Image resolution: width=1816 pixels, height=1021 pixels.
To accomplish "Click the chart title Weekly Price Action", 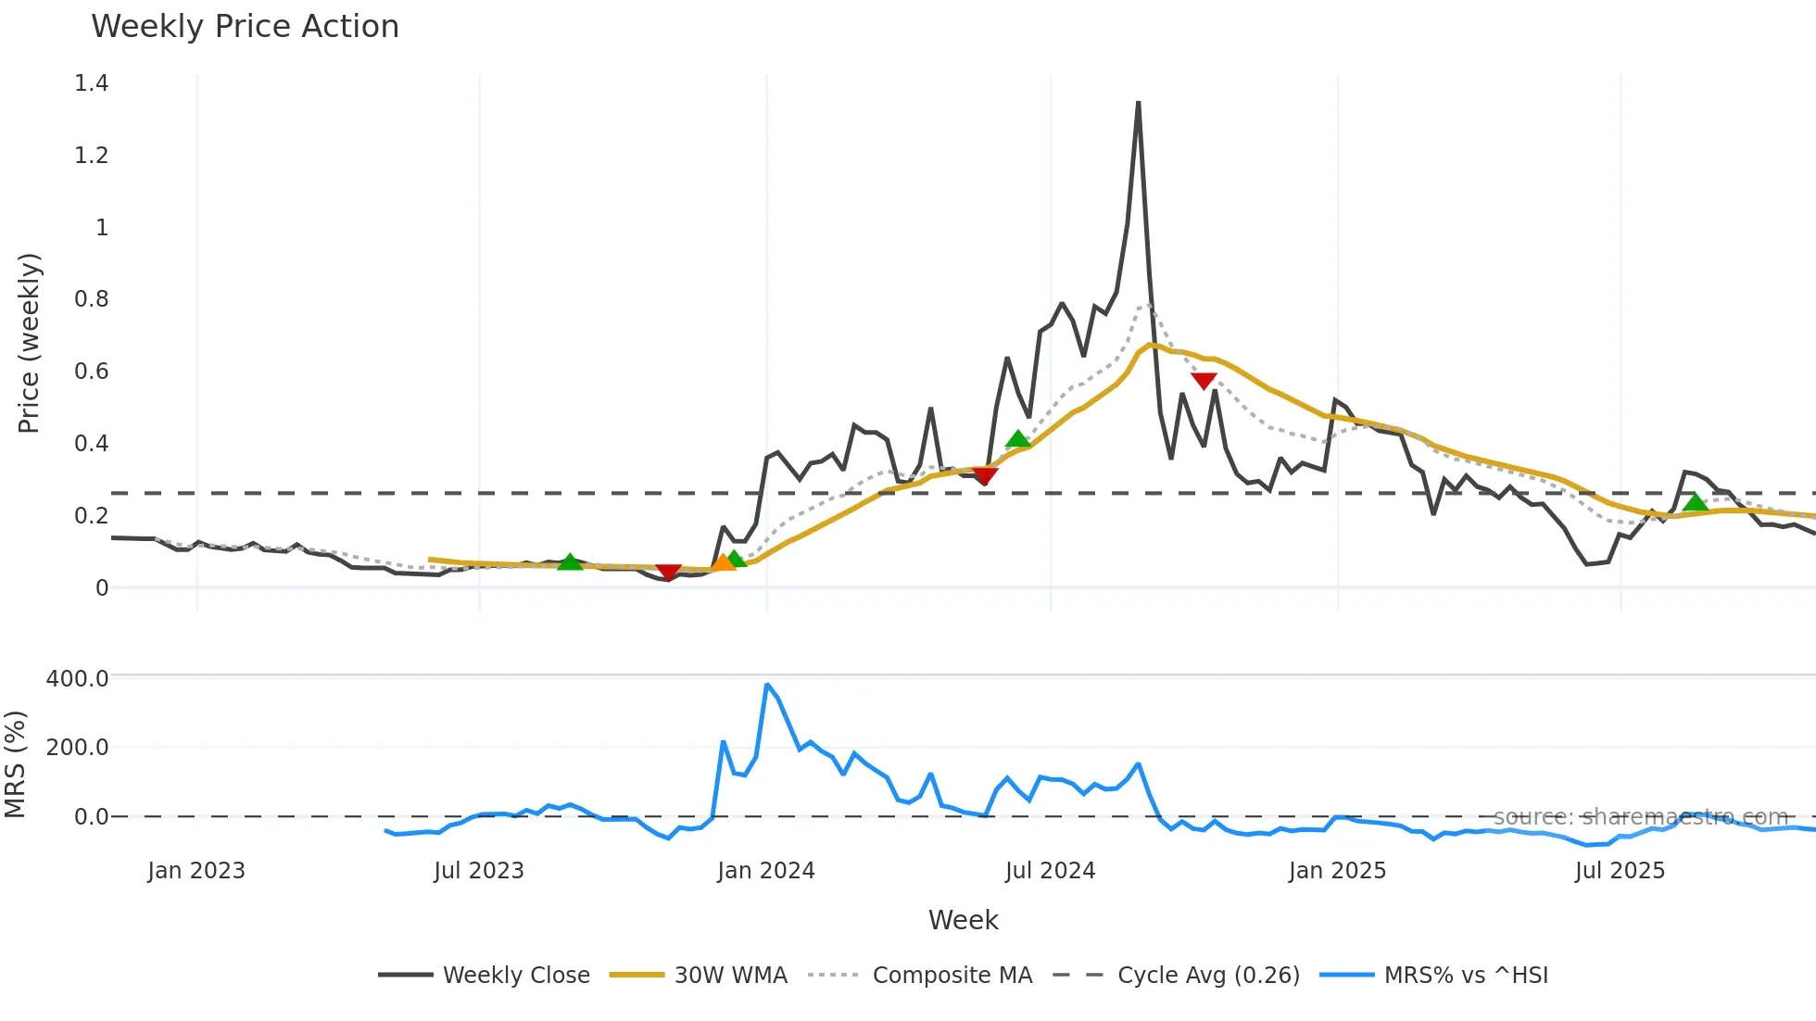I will tap(245, 27).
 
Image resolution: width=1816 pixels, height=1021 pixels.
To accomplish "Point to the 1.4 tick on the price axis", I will tap(92, 83).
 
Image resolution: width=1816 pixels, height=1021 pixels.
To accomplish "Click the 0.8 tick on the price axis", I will tap(92, 299).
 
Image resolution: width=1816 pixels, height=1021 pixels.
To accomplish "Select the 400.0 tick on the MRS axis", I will tap(78, 678).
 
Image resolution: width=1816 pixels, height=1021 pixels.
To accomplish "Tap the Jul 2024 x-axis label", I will tap(1050, 871).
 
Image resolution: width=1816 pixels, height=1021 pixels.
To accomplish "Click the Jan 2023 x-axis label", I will tap(196, 871).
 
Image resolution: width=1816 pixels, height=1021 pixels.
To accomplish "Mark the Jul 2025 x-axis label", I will tap(1620, 871).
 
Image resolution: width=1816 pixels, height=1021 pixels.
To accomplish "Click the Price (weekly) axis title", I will tap(29, 343).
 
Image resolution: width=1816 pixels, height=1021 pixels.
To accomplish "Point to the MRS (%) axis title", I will tap(15, 764).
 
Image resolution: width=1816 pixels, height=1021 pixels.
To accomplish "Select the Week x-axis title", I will tap(963, 920).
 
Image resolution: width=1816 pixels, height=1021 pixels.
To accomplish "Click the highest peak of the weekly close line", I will tap(1138, 103).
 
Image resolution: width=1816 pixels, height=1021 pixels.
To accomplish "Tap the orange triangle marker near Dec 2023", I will tap(723, 562).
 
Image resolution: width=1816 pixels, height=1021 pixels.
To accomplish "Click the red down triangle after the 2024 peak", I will tap(1204, 381).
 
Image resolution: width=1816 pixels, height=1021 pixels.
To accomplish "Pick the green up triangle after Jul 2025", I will tap(1695, 503).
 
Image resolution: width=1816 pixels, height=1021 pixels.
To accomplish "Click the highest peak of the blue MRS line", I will tap(767, 685).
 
